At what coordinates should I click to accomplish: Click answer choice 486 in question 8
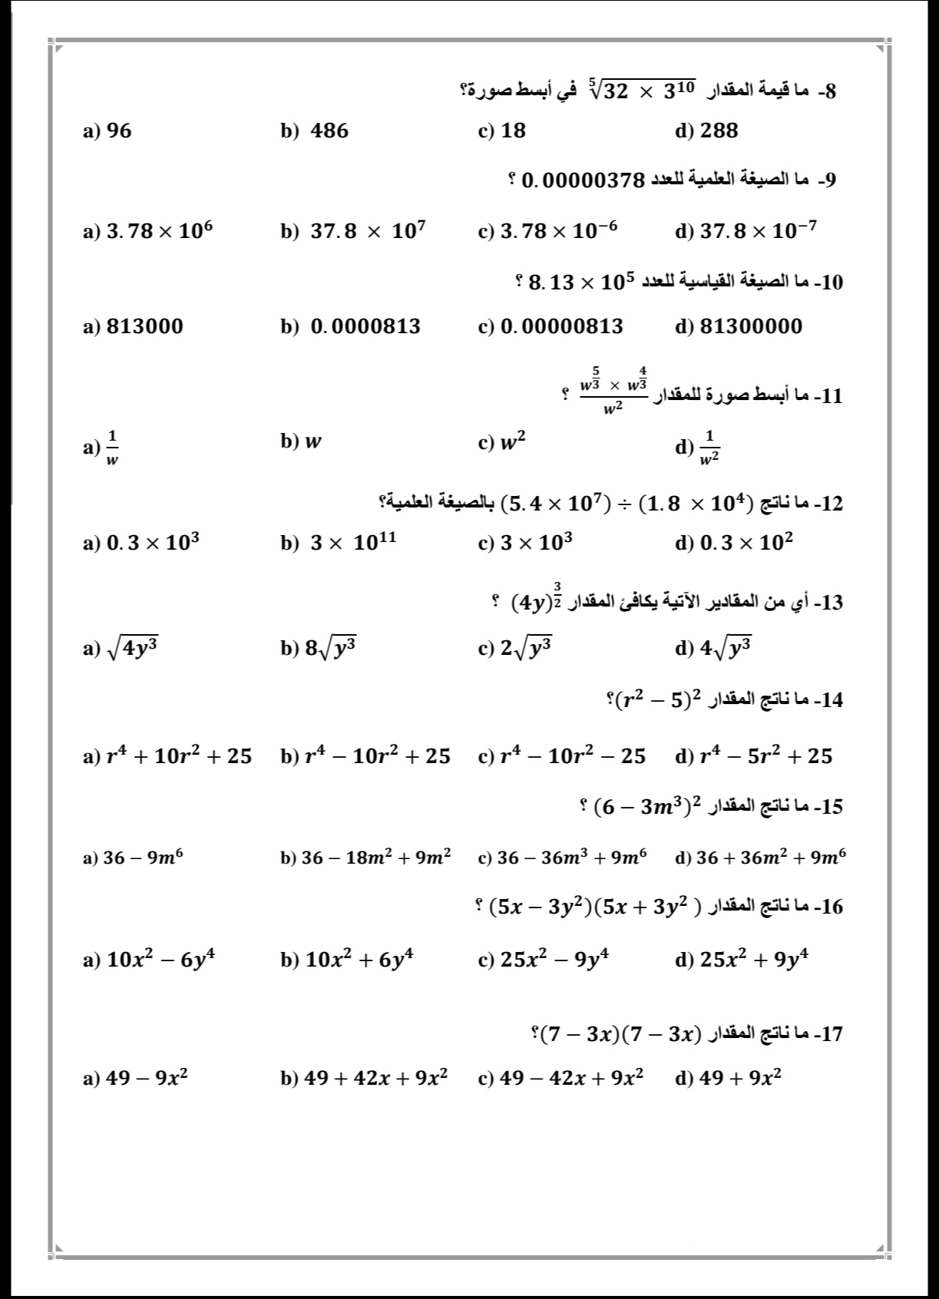coord(329,131)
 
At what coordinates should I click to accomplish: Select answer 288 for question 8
coord(719,131)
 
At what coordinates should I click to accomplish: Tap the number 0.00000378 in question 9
coord(581,182)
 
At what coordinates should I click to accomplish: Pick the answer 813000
coord(144,327)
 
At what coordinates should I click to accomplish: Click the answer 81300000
coord(750,327)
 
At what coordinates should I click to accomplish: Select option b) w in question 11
coord(312,441)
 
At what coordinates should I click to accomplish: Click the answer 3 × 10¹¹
coord(353,543)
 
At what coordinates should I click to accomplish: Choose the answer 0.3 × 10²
coord(746,543)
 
